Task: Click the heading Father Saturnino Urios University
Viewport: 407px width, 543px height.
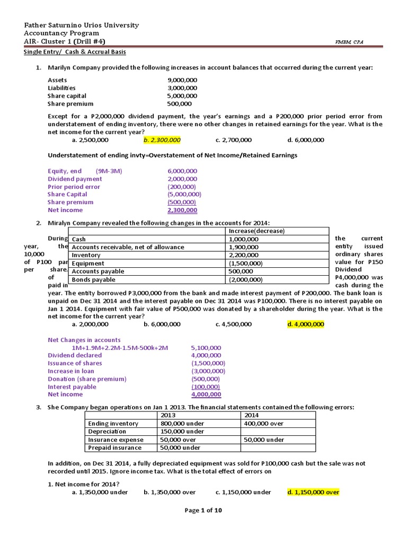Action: coord(82,25)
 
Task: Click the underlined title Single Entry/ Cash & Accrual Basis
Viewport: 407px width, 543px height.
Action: coord(75,52)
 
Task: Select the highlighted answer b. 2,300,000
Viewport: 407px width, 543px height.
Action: coord(162,140)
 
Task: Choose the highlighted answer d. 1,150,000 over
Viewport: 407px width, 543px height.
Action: coord(313,492)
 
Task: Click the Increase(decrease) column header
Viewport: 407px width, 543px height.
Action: coord(256,231)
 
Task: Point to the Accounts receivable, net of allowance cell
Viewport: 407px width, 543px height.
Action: coord(128,247)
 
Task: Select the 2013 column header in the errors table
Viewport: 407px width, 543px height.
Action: coord(168,415)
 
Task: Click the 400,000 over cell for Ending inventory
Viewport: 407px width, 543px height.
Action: coord(264,423)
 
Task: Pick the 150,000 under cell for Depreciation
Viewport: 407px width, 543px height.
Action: coord(182,432)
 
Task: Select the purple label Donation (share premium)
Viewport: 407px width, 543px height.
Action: coord(87,379)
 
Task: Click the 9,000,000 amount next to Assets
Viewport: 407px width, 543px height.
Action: coord(182,80)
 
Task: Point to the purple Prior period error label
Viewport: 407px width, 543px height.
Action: coord(74,187)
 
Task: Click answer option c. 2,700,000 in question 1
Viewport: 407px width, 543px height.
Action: coord(234,140)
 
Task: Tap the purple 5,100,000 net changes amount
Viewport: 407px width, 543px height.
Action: coord(206,348)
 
